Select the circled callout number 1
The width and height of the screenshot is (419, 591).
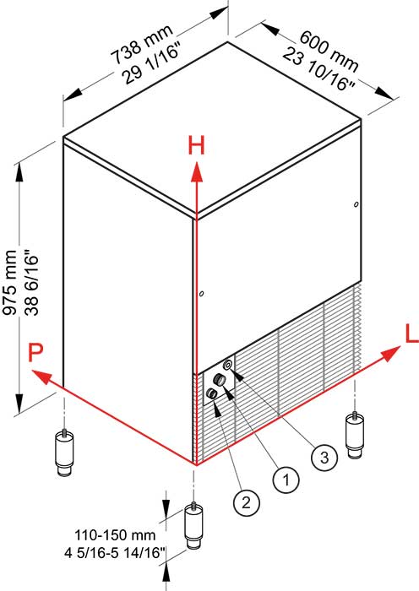[x=286, y=480]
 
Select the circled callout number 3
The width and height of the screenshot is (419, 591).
[x=322, y=457]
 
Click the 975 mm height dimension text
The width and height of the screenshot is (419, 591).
[x=11, y=283]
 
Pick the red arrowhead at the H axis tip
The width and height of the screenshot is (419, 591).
[x=196, y=171]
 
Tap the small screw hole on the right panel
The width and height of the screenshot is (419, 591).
[x=356, y=204]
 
